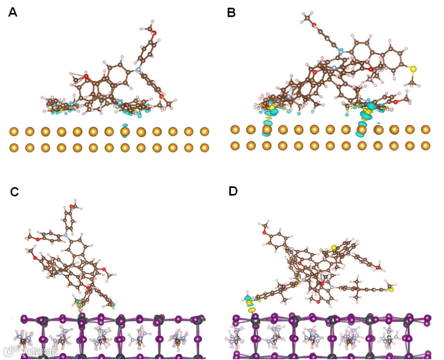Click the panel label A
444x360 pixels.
click(13, 12)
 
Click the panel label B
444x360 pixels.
click(231, 13)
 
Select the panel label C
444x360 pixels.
click(14, 192)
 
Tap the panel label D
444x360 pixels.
click(233, 191)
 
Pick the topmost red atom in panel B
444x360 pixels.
click(314, 25)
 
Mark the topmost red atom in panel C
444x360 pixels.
click(72, 206)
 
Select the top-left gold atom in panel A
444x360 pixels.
click(14, 132)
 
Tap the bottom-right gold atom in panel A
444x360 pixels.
click(204, 148)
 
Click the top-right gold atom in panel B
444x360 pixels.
click(425, 129)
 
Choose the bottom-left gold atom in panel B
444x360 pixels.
click(235, 145)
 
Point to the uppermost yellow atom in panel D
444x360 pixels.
click(333, 248)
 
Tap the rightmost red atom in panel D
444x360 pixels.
click(377, 268)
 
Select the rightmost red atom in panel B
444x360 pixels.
click(395, 102)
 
